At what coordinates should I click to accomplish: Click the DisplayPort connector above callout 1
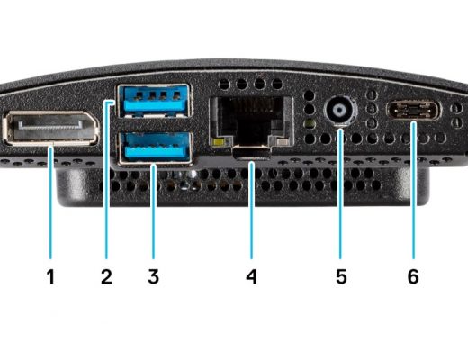51,128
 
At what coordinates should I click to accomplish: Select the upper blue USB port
154,101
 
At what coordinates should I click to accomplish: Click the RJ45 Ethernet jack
251,121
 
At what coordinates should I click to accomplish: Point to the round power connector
340,110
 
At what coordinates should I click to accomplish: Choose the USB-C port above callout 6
414,111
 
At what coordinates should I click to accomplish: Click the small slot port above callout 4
252,152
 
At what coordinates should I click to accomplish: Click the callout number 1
50,276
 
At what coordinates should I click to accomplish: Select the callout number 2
106,276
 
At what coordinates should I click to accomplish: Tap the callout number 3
154,276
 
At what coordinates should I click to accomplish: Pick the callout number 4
251,276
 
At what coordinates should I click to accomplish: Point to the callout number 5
341,276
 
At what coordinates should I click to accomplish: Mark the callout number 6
413,276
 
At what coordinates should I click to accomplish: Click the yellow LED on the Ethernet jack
220,141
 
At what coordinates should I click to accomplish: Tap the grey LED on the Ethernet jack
281,141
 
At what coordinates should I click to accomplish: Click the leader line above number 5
340,193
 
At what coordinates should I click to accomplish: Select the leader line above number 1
51,202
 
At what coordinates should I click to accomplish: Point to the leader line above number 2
106,179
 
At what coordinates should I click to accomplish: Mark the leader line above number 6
414,190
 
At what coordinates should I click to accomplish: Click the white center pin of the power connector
340,110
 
